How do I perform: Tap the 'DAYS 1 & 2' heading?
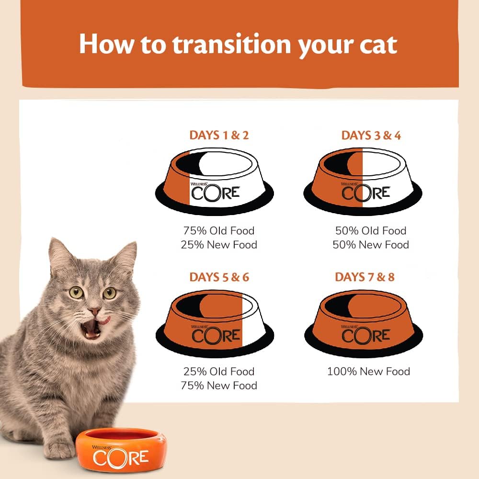219,135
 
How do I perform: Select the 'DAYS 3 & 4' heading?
371,135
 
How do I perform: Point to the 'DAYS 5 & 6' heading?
219,277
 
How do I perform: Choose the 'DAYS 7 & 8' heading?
365,277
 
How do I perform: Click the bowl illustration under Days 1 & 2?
214,178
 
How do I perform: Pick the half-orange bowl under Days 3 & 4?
363,178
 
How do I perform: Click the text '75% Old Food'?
218,230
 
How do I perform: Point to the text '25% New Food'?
218,245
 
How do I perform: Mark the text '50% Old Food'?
370,230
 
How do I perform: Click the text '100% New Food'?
368,371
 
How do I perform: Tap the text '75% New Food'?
218,386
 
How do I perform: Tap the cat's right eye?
110,292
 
